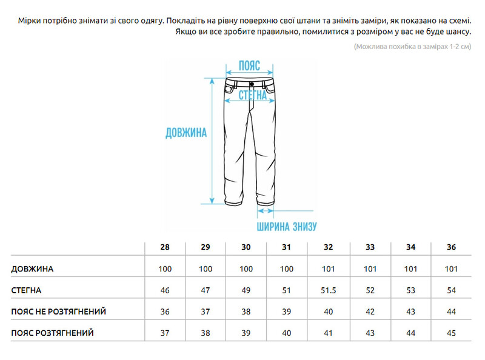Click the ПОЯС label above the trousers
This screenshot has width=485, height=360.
(x=250, y=65)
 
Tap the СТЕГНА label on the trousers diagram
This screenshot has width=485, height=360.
(x=252, y=96)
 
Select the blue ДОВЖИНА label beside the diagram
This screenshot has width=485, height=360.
(x=186, y=133)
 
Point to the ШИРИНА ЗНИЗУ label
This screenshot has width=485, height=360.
(x=287, y=228)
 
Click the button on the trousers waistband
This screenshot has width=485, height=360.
(x=251, y=84)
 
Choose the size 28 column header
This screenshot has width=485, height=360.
(x=165, y=247)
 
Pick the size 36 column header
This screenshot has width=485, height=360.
(x=451, y=247)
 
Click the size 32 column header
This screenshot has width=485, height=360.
(x=328, y=247)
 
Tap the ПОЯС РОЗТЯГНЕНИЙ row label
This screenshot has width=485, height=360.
(x=53, y=333)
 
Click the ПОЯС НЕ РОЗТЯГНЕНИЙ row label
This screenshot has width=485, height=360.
(x=59, y=312)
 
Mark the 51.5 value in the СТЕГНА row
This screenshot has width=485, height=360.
(x=328, y=290)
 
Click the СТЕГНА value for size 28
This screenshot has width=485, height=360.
(x=165, y=290)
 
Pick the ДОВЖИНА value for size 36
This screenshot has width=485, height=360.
(x=451, y=268)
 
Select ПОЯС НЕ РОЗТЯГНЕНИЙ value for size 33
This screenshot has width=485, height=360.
(x=370, y=312)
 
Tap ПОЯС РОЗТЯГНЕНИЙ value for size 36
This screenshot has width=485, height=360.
(x=451, y=333)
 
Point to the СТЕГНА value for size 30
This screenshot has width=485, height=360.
(x=246, y=290)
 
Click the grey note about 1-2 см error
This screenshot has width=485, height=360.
(x=412, y=47)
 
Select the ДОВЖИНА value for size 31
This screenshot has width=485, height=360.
(x=287, y=268)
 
